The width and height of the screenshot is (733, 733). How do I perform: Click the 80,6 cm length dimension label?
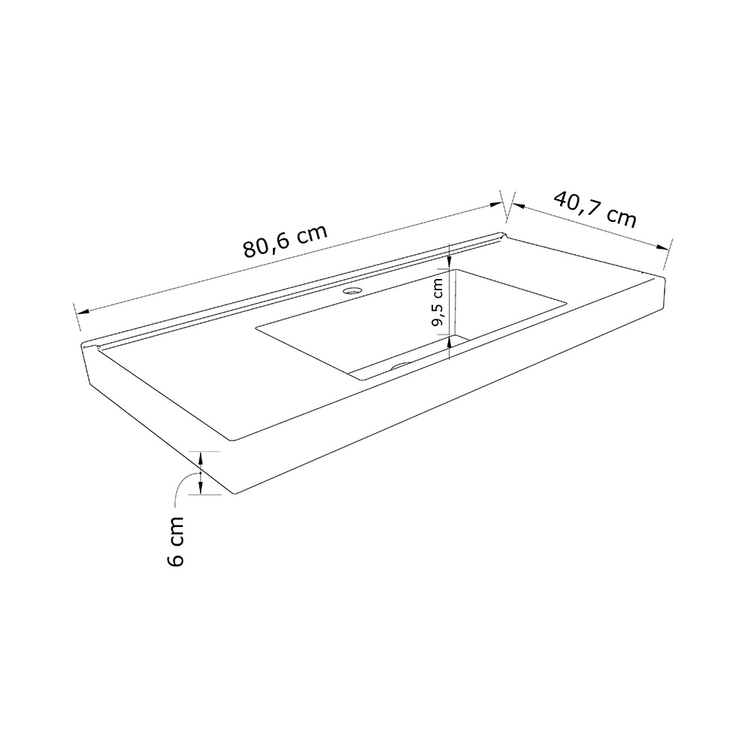(x=285, y=241)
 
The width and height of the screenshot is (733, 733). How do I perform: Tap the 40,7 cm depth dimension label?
(x=595, y=209)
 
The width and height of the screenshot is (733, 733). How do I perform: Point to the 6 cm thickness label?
(x=175, y=541)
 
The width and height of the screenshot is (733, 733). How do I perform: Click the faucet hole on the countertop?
(x=352, y=290)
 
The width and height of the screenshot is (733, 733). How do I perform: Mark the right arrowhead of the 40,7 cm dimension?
(x=662, y=248)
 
